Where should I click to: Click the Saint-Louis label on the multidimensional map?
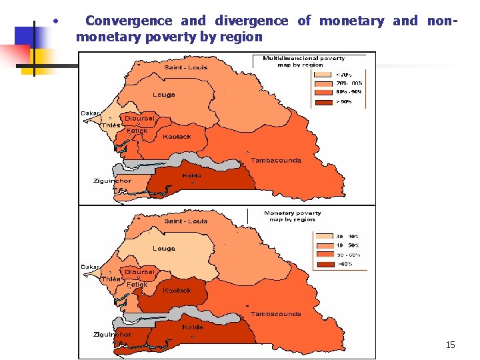(x=186, y=67)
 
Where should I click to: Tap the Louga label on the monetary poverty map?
(x=163, y=249)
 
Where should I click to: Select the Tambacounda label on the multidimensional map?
(x=275, y=160)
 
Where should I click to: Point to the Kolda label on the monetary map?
(x=192, y=327)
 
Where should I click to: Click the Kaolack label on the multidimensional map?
(x=177, y=137)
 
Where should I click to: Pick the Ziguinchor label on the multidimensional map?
(x=112, y=181)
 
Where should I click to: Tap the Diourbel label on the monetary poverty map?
(x=139, y=272)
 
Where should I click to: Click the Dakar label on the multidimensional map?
(x=90, y=113)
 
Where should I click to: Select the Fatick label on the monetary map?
(x=137, y=285)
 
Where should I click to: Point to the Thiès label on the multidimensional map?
(x=111, y=125)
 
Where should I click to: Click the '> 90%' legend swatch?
(x=325, y=102)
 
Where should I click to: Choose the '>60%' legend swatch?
(x=325, y=264)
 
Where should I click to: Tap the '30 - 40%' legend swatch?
(x=325, y=236)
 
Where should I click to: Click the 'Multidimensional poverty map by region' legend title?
(x=303, y=61)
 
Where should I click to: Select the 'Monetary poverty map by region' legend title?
(x=292, y=216)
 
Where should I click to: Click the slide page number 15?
(x=450, y=345)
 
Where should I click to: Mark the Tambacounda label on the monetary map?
(x=275, y=314)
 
